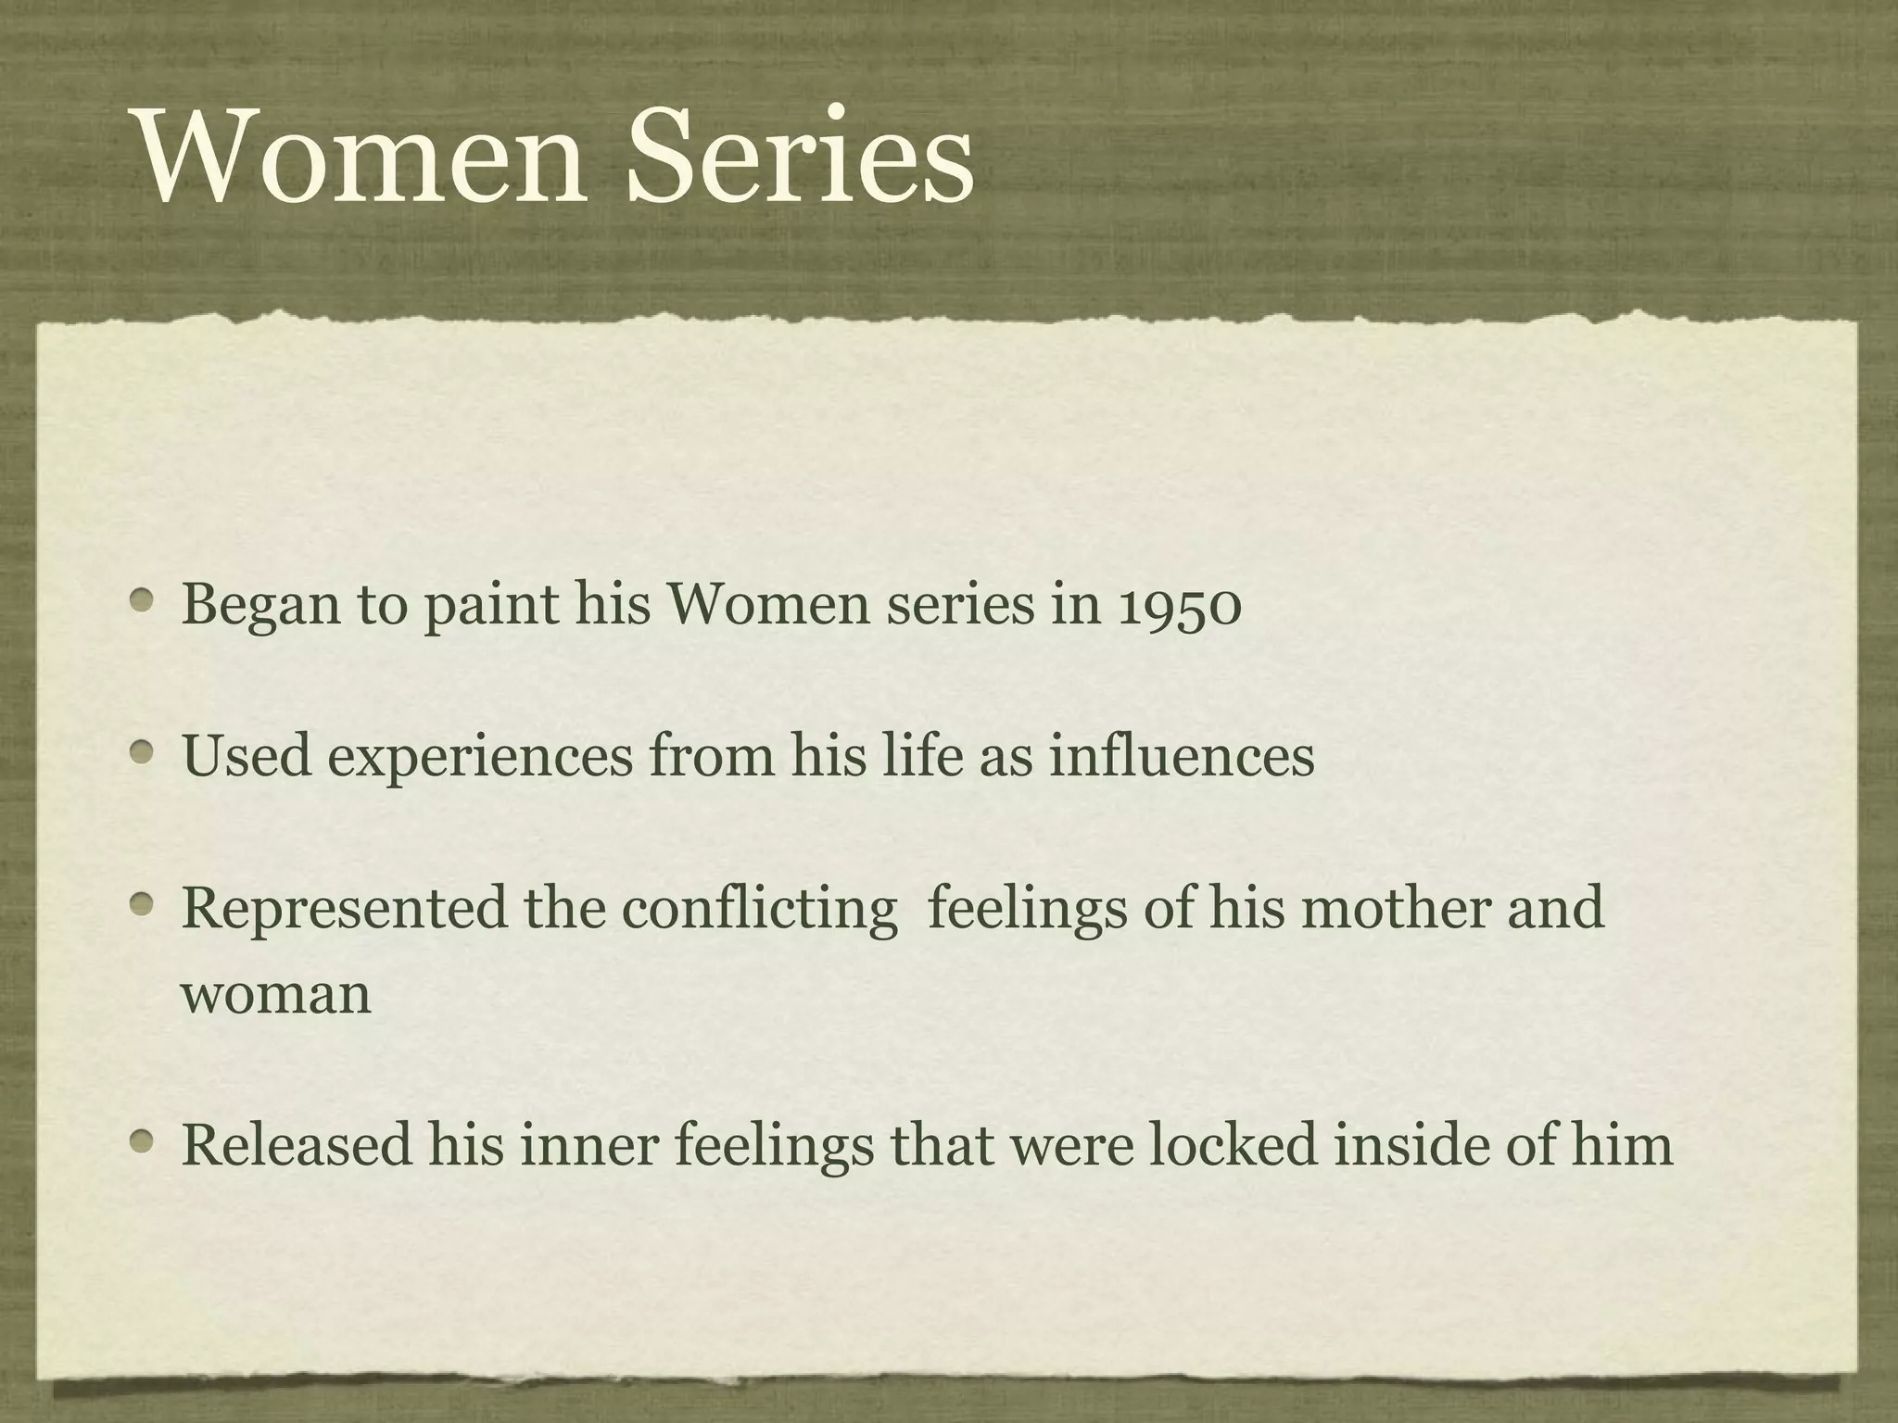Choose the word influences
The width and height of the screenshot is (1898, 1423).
1182,755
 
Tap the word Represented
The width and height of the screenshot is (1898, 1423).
345,908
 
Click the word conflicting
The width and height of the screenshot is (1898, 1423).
759,908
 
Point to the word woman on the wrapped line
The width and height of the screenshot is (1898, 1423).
276,995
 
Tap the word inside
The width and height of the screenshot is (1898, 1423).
1410,1143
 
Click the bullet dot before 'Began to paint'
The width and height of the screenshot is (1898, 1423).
142,601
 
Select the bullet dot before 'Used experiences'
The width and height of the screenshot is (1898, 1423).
142,752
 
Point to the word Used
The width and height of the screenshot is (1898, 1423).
247,755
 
